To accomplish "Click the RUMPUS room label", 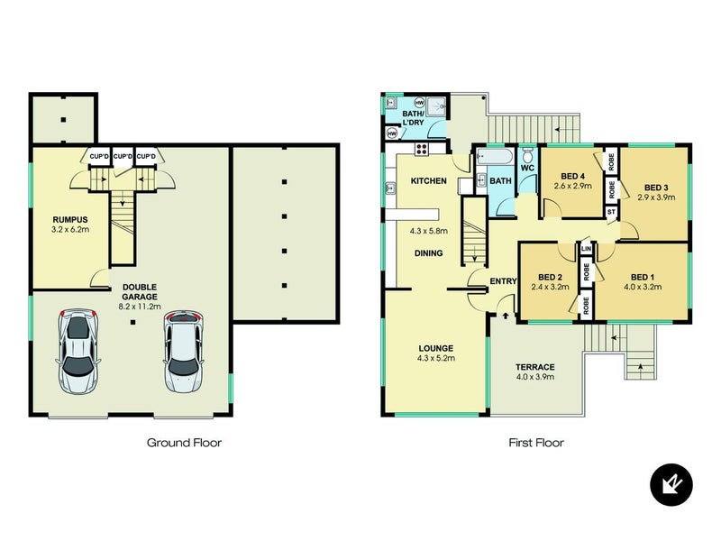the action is (x=70, y=219).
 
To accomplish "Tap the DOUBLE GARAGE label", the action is (x=140, y=291).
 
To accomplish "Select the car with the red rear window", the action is (x=184, y=352).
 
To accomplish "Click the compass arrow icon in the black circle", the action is (x=671, y=484).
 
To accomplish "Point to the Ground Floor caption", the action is (x=184, y=443).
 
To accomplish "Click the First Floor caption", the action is (x=536, y=443).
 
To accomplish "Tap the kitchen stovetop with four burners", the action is (x=422, y=149).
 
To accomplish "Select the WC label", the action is (x=527, y=168).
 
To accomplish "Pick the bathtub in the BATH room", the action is (x=494, y=156).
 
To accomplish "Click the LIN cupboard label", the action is (x=587, y=249).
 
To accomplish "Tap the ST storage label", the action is (x=611, y=212).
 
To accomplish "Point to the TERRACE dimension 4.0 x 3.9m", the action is (x=534, y=377).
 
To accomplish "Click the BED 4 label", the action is (x=572, y=176).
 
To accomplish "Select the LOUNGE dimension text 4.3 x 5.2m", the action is (x=436, y=358).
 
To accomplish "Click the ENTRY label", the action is (x=503, y=281).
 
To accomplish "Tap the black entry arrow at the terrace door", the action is (x=506, y=316).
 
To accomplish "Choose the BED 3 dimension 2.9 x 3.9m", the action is (x=656, y=197).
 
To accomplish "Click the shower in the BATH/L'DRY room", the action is (x=436, y=106).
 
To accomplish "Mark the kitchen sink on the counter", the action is (x=390, y=188).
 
